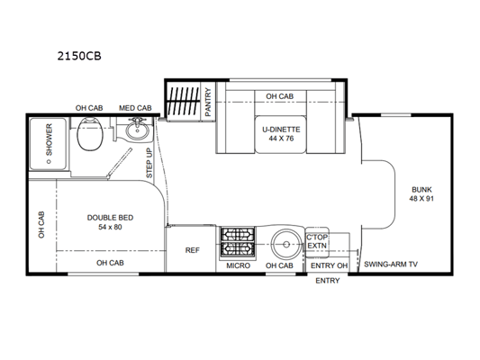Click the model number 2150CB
pyautogui.click(x=79, y=56)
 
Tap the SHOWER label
pyautogui.click(x=49, y=139)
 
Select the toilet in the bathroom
pyautogui.click(x=89, y=135)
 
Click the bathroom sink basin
pyautogui.click(x=137, y=130)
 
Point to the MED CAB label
pyautogui.click(x=135, y=108)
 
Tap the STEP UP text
pyautogui.click(x=149, y=163)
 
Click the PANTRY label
pyautogui.click(x=208, y=102)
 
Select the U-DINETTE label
pyautogui.click(x=281, y=130)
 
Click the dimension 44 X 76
pyautogui.click(x=281, y=139)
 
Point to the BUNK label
pyautogui.click(x=421, y=189)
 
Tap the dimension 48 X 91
pyautogui.click(x=421, y=199)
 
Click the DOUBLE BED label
pyautogui.click(x=110, y=218)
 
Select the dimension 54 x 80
pyautogui.click(x=110, y=227)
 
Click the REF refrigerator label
pyautogui.click(x=192, y=250)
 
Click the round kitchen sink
pyautogui.click(x=286, y=244)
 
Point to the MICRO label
pyautogui.click(x=238, y=265)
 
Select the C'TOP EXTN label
pyautogui.click(x=317, y=241)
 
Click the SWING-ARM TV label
pyautogui.click(x=391, y=265)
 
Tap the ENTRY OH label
pyautogui.click(x=329, y=265)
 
